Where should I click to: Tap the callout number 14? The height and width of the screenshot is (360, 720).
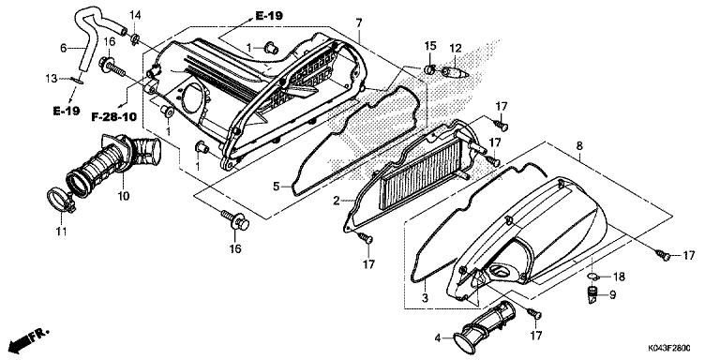click(134, 15)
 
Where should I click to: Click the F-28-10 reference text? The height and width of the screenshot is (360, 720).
click(112, 117)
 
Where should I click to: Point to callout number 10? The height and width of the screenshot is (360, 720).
click(123, 196)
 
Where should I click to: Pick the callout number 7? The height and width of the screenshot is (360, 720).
click(358, 22)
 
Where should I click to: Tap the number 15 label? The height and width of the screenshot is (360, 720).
click(430, 46)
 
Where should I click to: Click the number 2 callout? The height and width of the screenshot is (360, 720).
click(336, 201)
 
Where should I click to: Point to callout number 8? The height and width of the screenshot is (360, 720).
click(579, 146)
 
